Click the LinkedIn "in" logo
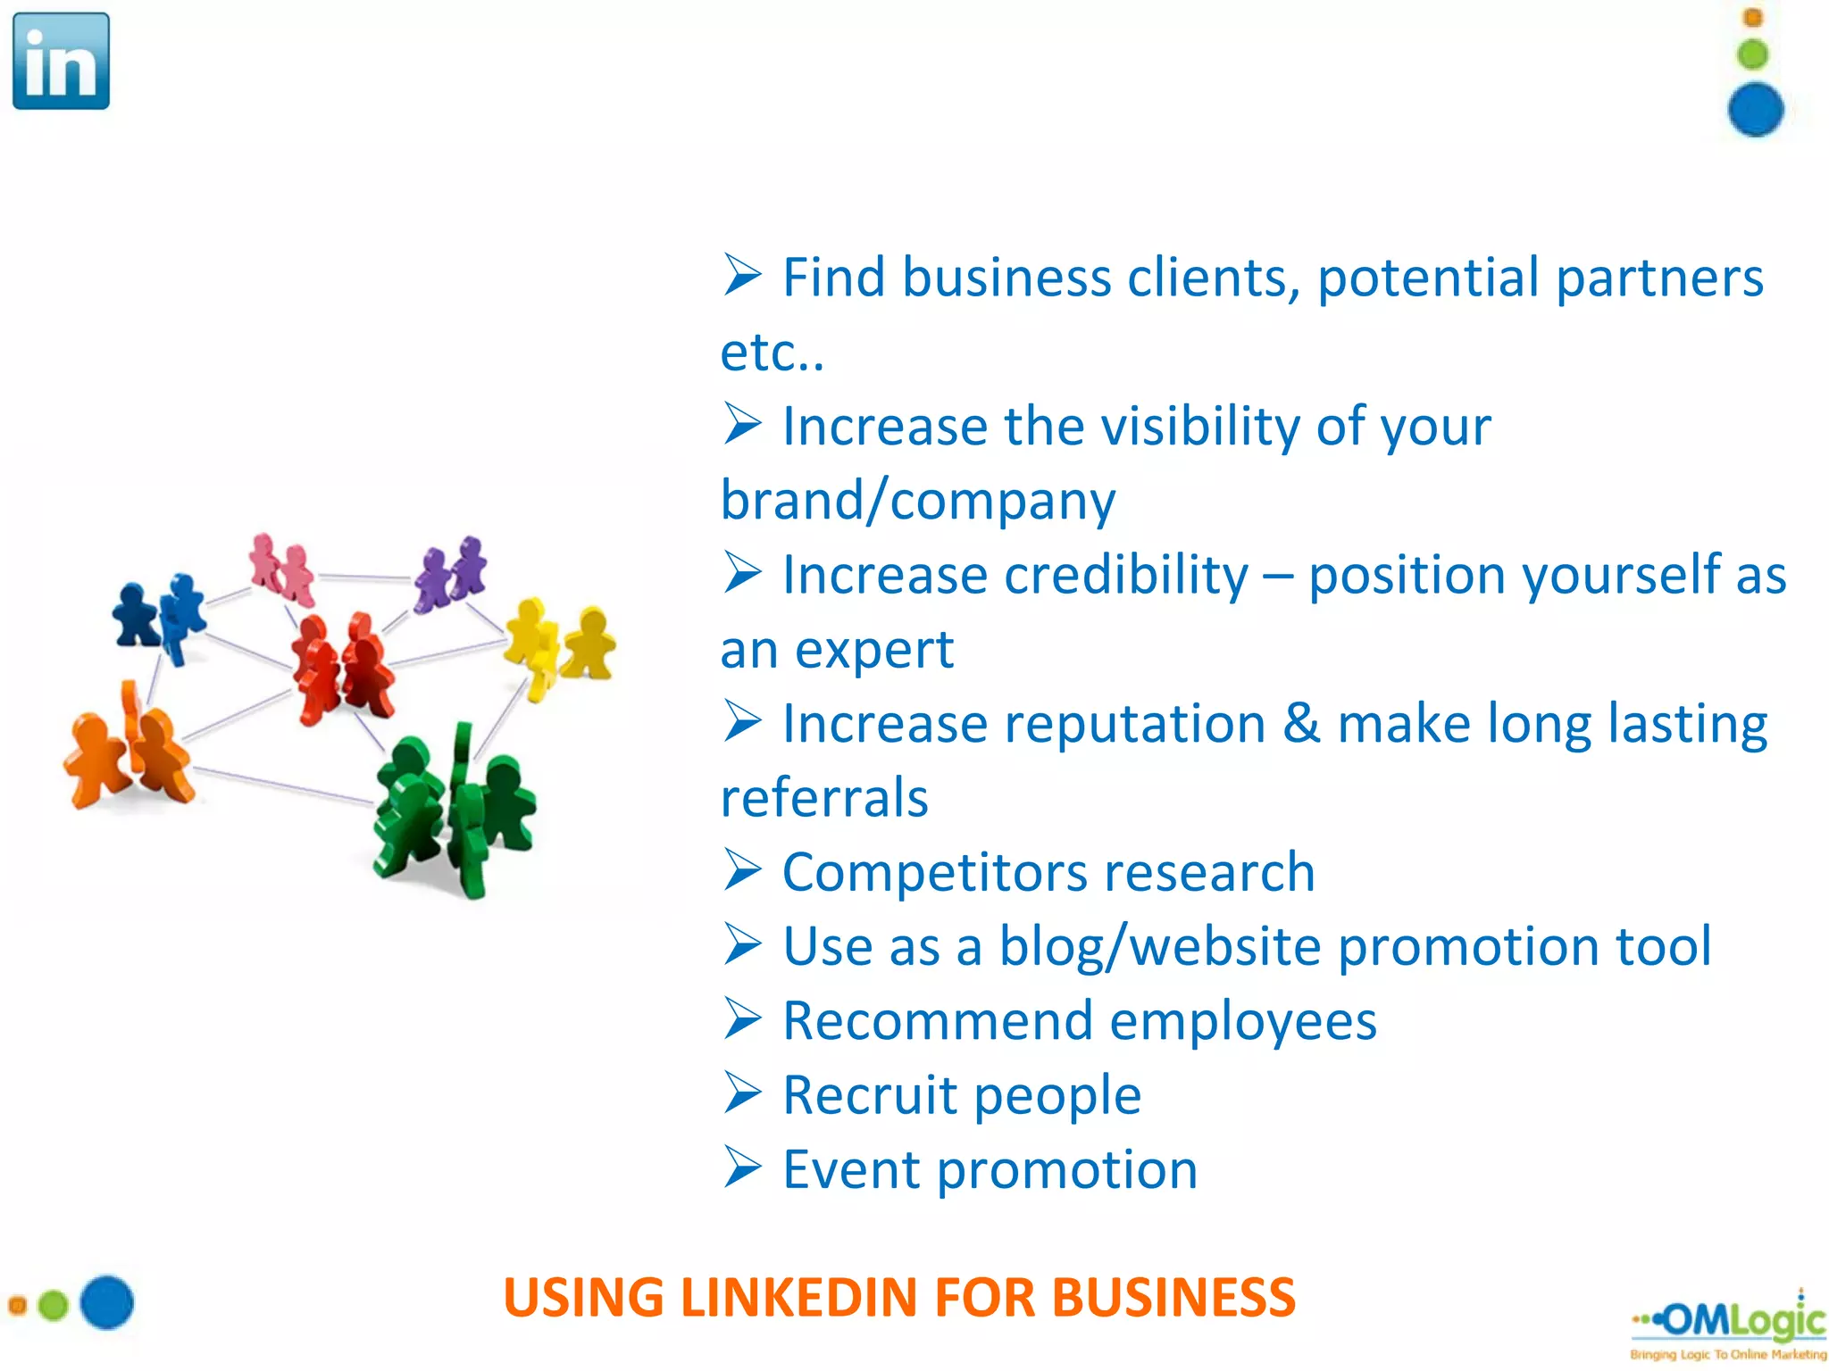click(x=61, y=61)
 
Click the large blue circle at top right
click(x=1755, y=110)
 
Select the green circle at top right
click(x=1753, y=54)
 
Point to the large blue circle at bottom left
click(x=107, y=1302)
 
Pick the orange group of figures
click(x=129, y=750)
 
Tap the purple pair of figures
click(x=451, y=574)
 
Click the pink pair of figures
click(x=282, y=569)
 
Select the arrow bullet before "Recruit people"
click(x=742, y=1093)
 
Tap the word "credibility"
click(x=1126, y=574)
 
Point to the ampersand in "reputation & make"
click(x=1301, y=723)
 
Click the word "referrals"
click(x=824, y=797)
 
